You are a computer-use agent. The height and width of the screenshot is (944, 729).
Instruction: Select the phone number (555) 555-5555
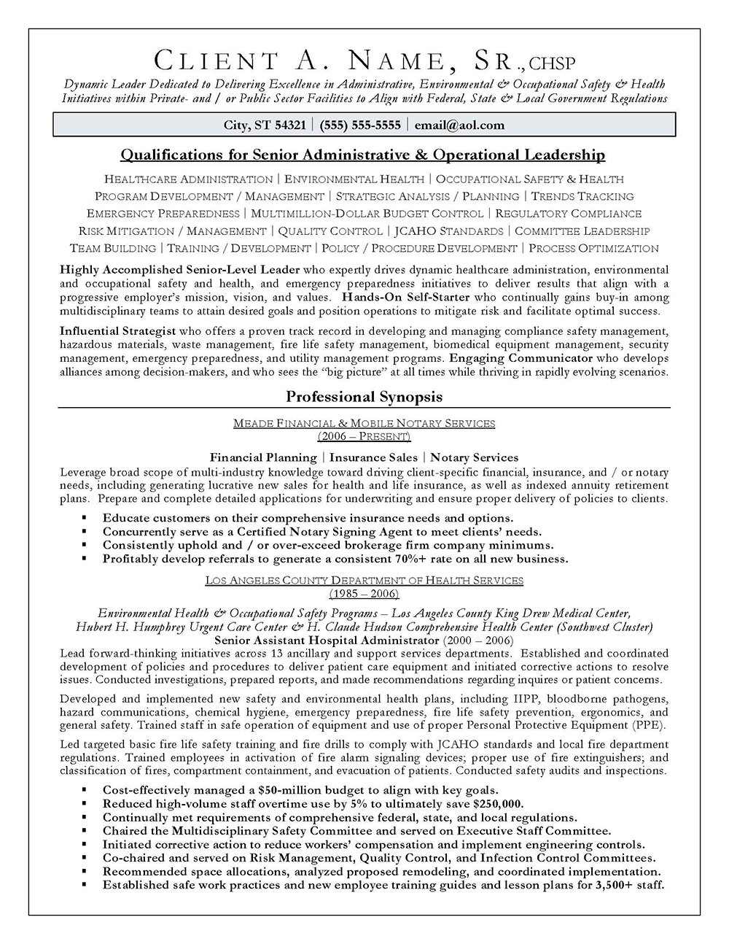(x=360, y=125)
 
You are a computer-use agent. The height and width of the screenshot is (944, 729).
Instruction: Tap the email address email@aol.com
(x=459, y=125)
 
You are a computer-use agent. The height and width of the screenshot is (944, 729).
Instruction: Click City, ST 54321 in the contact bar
(x=265, y=125)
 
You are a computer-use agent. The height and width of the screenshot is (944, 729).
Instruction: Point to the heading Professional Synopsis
(x=364, y=397)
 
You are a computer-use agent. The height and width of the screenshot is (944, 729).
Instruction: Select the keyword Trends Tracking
(x=582, y=196)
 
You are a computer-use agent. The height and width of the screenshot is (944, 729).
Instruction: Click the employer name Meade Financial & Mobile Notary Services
(x=364, y=423)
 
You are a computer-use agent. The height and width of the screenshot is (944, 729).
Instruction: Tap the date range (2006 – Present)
(x=364, y=436)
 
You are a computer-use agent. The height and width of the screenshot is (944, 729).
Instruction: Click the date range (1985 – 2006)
(x=364, y=594)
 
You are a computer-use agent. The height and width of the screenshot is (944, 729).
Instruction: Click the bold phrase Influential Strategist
(x=117, y=331)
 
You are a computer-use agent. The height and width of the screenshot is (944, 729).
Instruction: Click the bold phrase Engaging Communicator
(x=521, y=358)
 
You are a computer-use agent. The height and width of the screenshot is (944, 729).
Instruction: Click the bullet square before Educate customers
(x=85, y=518)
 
